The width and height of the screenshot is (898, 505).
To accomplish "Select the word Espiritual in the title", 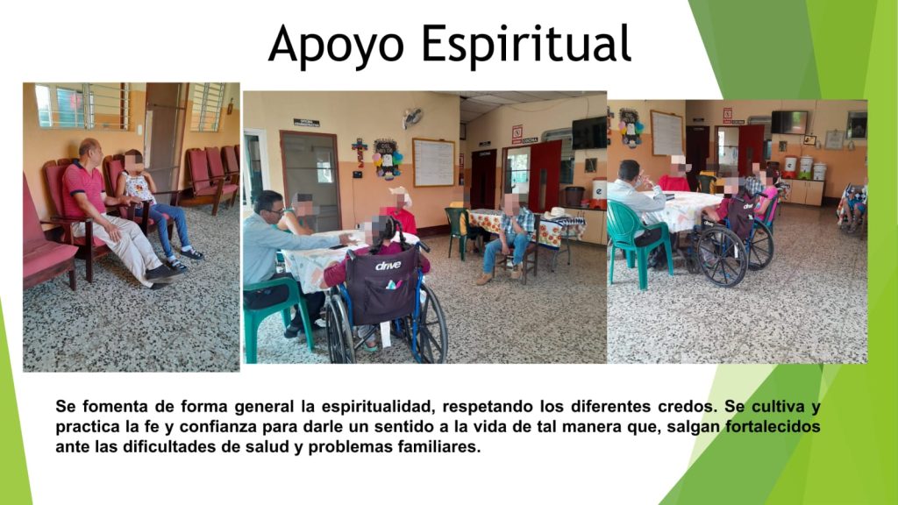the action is pyautogui.click(x=526, y=43).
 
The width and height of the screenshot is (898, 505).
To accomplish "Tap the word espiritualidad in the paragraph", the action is pyautogui.click(x=375, y=407).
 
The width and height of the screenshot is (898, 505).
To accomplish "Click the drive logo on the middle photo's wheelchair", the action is pyautogui.click(x=388, y=266).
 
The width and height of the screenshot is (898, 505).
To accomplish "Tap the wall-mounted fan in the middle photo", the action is pyautogui.click(x=412, y=117).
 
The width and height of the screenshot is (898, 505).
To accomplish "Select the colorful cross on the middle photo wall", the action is pyautogui.click(x=360, y=151).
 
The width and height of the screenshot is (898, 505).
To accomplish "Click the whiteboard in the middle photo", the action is pyautogui.click(x=433, y=162).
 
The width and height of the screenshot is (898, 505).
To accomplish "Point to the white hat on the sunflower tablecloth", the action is pyautogui.click(x=555, y=213).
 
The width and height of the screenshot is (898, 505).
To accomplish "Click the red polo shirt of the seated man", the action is pyautogui.click(x=84, y=188).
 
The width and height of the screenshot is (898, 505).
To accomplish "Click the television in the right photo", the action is pyautogui.click(x=788, y=122).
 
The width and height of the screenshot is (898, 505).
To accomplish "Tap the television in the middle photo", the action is pyautogui.click(x=588, y=133).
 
